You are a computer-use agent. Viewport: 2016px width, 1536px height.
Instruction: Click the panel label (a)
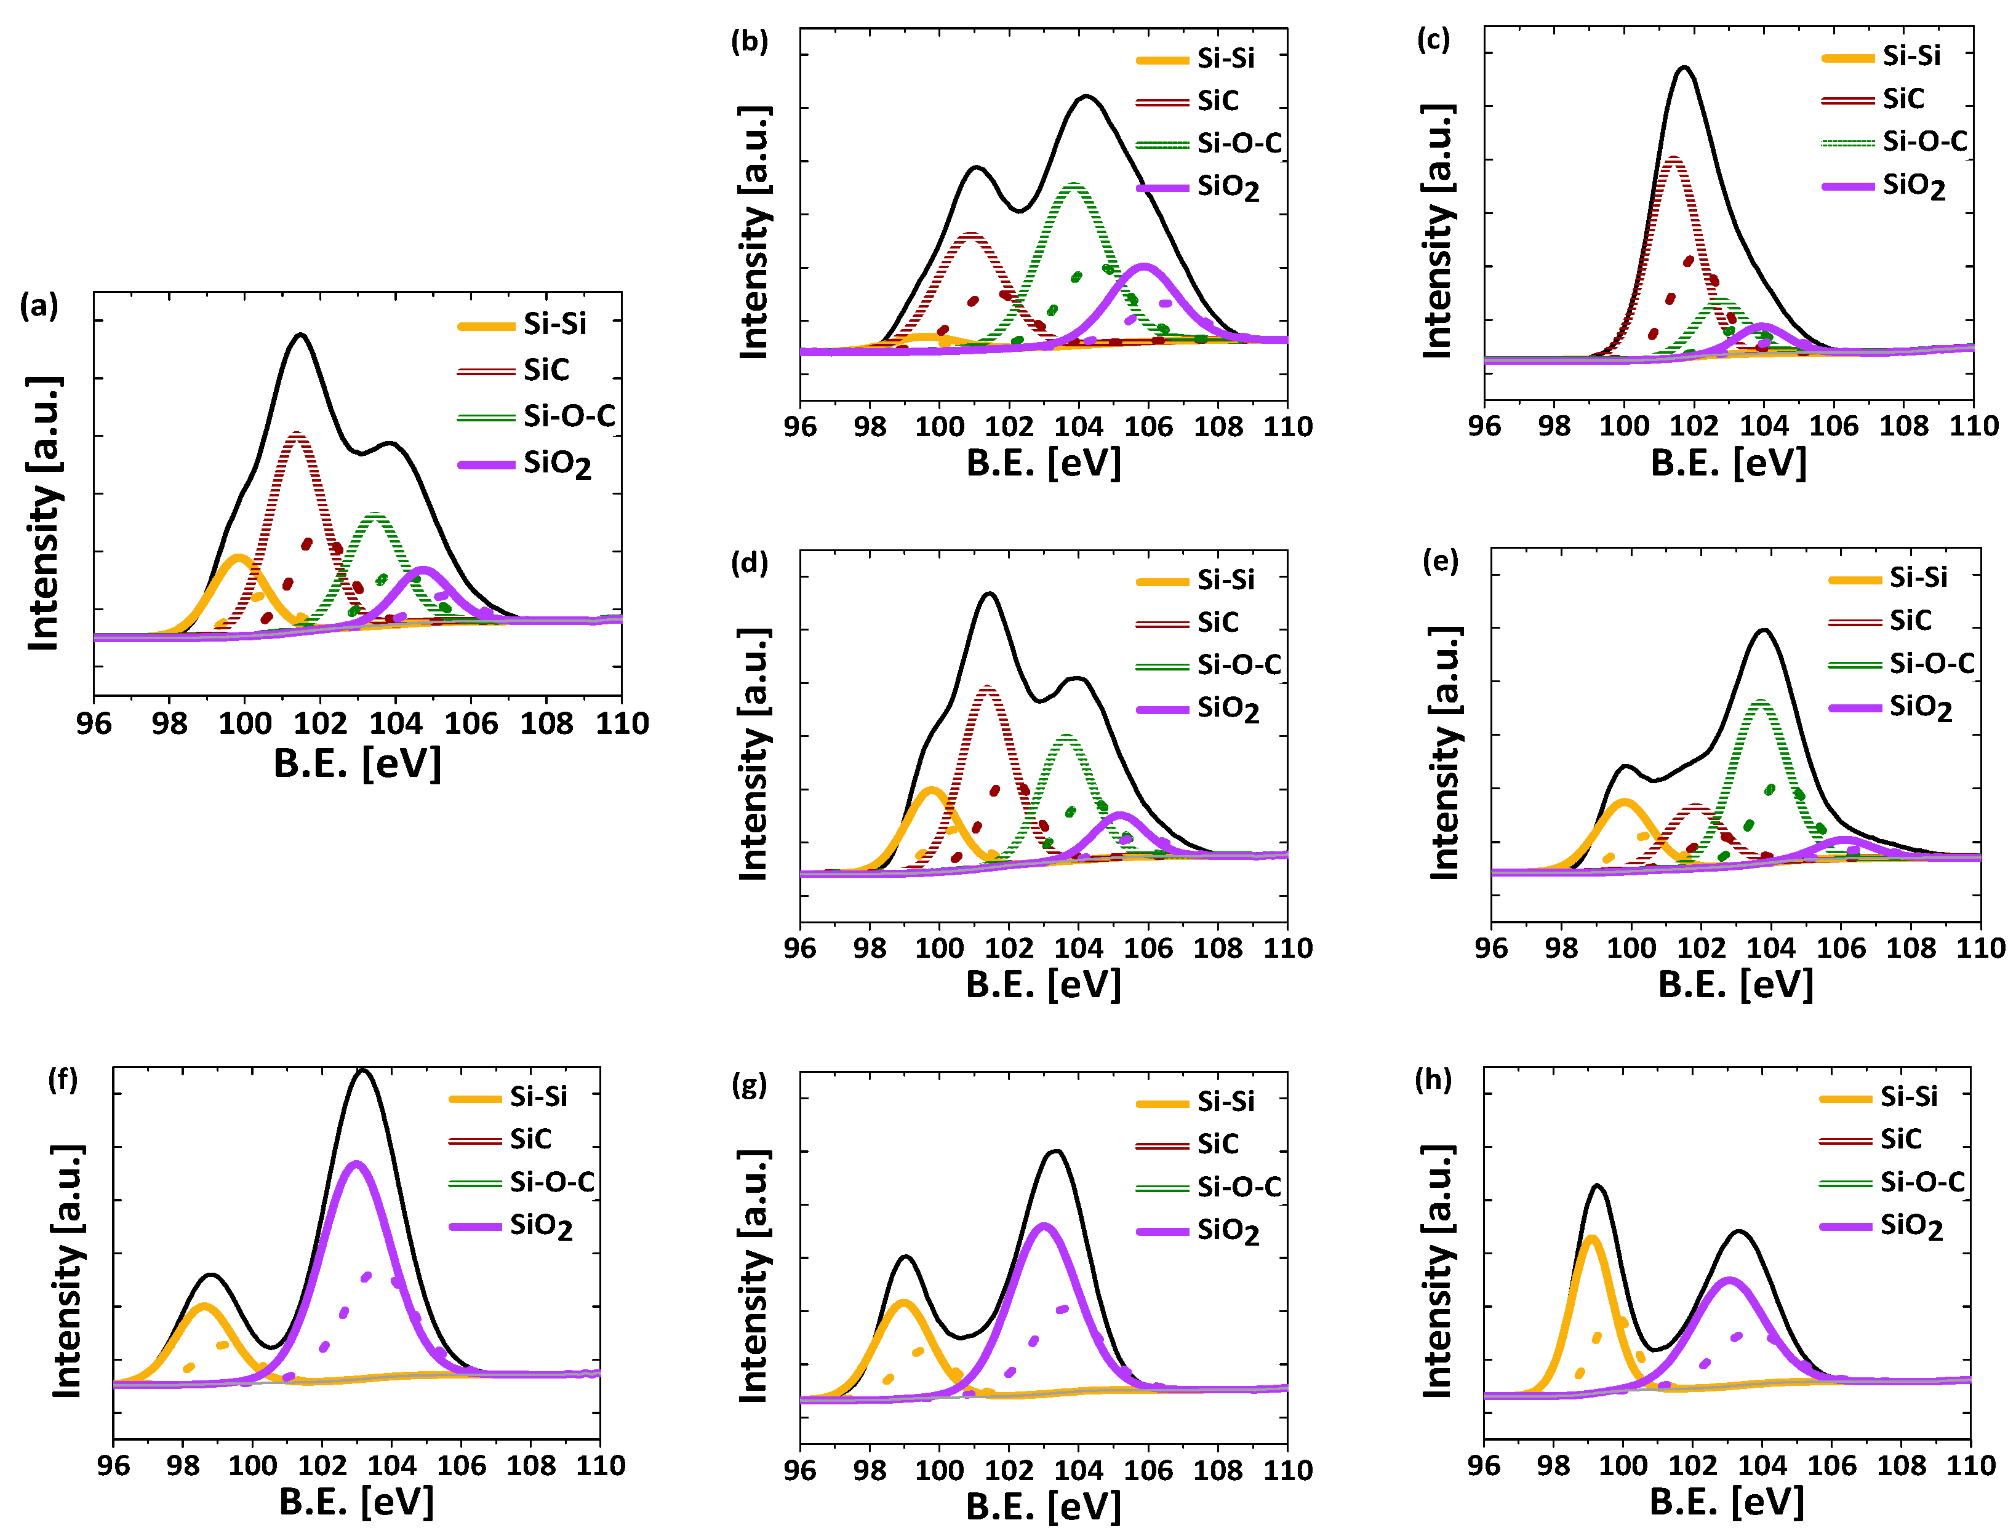38,305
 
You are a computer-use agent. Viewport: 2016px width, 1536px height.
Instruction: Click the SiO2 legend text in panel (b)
1228,188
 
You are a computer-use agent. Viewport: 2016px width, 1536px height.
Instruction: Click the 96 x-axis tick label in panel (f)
113,1466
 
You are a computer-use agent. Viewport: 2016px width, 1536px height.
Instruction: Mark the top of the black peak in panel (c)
1683,67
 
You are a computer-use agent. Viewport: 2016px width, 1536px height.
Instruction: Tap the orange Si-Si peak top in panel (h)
1591,1239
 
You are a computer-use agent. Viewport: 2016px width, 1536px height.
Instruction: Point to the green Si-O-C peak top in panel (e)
1760,702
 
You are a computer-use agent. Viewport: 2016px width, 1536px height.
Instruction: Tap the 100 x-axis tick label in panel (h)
1623,1466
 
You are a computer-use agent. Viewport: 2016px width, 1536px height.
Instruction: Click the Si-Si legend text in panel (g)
1226,1102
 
